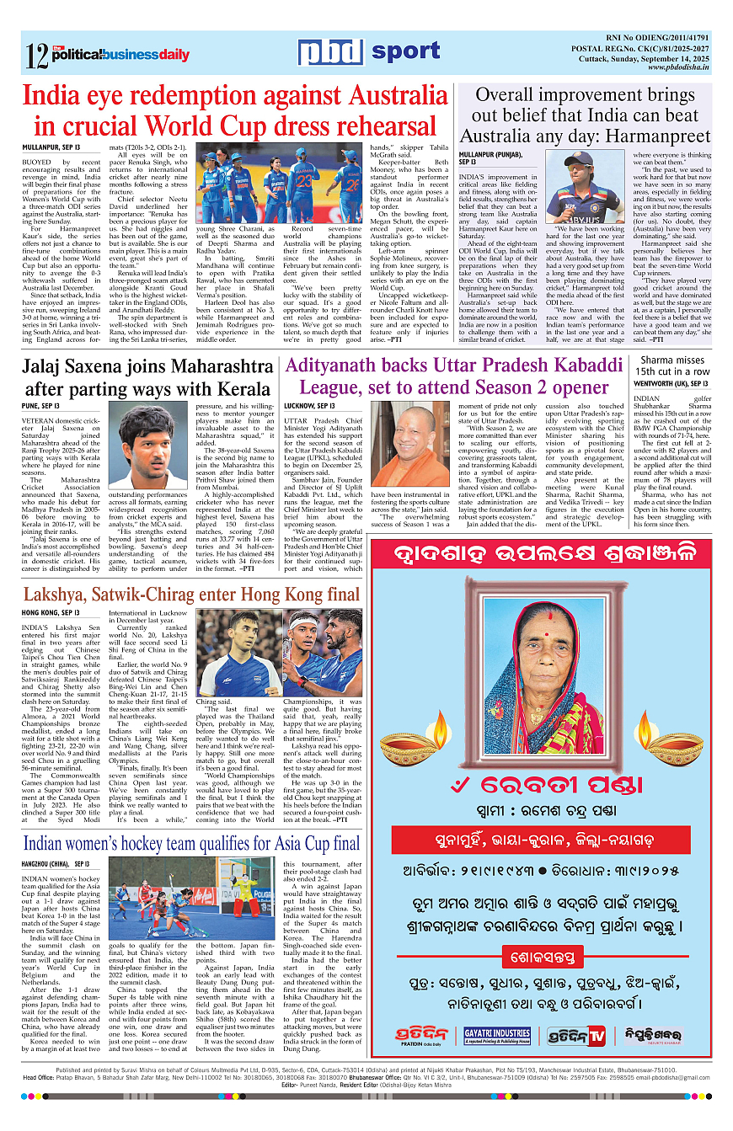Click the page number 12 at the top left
tap(37, 55)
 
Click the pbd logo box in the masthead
tap(331, 52)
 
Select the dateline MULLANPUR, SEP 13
tap(51, 147)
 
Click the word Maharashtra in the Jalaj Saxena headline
tap(222, 367)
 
